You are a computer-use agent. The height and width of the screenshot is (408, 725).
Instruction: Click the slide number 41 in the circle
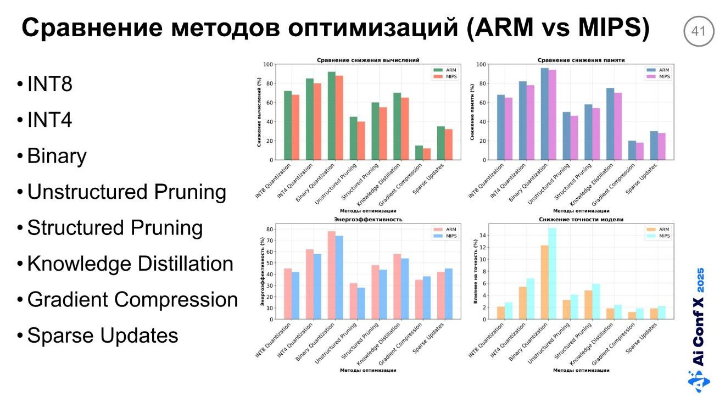698,31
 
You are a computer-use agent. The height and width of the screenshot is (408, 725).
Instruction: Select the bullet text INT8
50,84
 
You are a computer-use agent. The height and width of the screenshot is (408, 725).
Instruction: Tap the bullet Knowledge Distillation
130,264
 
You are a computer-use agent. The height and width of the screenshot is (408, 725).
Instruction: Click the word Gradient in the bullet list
68,299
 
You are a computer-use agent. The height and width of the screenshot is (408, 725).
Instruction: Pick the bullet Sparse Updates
103,335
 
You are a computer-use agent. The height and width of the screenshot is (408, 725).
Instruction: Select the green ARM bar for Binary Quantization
331,116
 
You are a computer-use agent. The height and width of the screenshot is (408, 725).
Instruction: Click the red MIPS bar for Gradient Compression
427,154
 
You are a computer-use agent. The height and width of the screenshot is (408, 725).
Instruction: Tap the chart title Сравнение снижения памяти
581,60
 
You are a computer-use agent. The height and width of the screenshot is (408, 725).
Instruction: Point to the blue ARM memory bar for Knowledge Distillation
610,124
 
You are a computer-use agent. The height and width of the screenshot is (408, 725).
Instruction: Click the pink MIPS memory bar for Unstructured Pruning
574,138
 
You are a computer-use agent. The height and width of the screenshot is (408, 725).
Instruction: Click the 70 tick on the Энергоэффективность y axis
270,241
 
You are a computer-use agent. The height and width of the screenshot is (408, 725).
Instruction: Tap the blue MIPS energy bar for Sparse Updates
449,294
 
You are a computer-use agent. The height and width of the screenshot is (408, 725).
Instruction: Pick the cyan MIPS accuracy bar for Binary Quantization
552,273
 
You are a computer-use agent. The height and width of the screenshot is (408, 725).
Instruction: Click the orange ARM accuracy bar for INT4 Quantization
523,303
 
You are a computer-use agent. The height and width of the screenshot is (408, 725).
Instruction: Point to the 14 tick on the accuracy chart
483,235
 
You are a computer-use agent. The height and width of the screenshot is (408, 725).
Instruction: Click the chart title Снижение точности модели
581,219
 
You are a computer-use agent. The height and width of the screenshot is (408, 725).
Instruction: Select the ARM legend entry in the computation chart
445,70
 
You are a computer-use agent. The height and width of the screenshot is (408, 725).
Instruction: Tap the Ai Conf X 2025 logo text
699,317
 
